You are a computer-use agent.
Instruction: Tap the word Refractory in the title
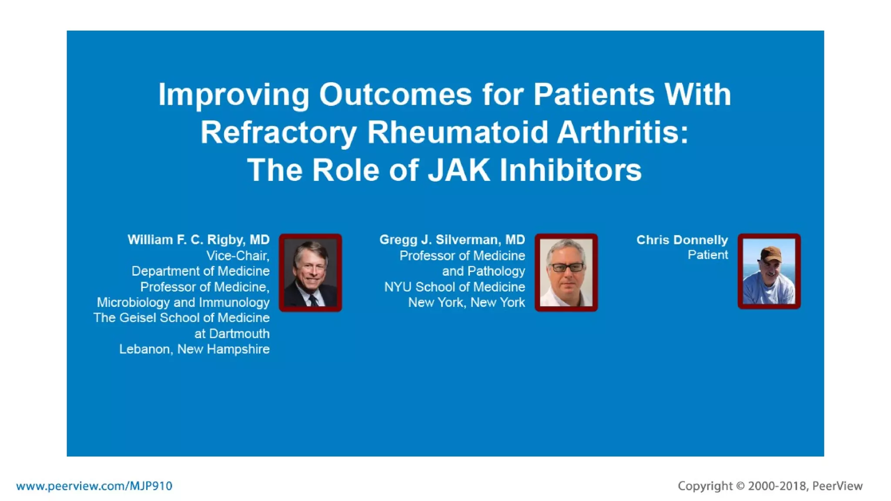tap(278, 133)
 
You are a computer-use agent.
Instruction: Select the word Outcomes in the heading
tap(395, 94)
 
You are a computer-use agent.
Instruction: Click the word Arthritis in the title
tap(622, 133)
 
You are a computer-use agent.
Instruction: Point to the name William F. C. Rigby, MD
tap(198, 240)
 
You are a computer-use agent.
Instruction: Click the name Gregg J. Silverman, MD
tap(452, 240)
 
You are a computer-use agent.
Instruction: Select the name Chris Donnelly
tap(682, 240)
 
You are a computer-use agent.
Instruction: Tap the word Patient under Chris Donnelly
tap(707, 255)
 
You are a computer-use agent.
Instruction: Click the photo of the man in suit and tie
tap(310, 273)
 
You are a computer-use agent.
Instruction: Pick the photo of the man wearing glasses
tap(566, 273)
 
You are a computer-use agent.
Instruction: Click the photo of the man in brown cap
tap(769, 272)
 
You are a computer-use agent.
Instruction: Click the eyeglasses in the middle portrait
tap(566, 267)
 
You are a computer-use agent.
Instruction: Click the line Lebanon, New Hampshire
tap(194, 349)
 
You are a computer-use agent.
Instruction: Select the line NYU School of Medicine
tap(454, 287)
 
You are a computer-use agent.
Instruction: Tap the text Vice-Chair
tap(238, 256)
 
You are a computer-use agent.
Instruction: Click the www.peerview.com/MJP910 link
tap(94, 486)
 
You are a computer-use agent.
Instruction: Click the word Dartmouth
tap(239, 334)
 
